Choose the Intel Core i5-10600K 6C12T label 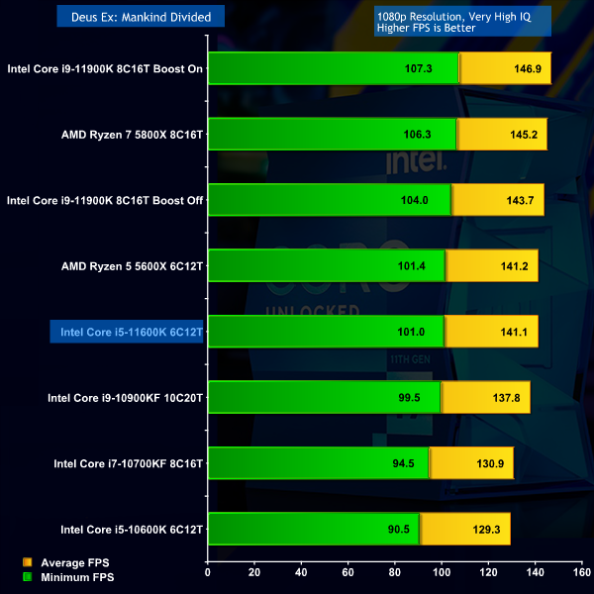(x=131, y=530)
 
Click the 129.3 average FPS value (x=487, y=530)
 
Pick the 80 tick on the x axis (x=395, y=571)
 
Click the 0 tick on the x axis (x=208, y=571)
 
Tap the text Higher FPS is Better (x=427, y=28)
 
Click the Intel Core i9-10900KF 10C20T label (x=125, y=398)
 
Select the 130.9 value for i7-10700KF (x=490, y=463)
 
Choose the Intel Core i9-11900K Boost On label (x=105, y=69)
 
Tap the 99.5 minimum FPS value (x=407, y=398)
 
